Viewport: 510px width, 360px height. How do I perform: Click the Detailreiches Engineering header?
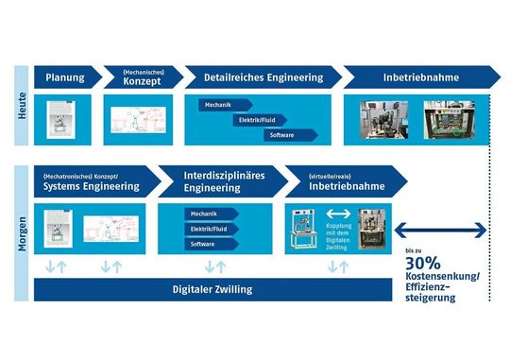[x=253, y=77]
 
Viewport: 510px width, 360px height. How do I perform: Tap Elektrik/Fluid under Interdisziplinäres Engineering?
[x=210, y=229]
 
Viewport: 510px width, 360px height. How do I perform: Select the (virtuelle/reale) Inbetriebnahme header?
[x=348, y=180]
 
